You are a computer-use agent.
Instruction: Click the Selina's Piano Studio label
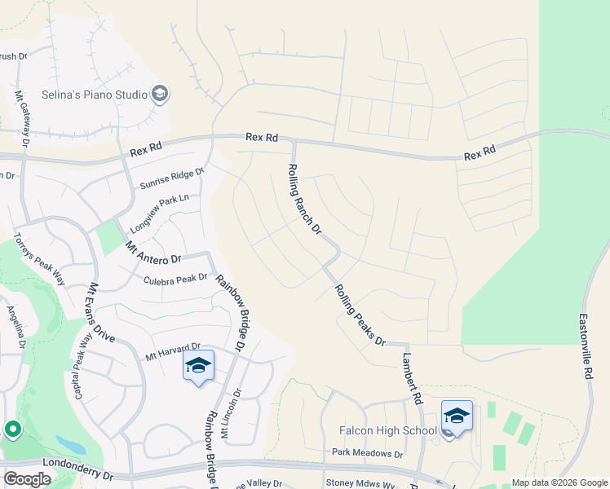click(94, 95)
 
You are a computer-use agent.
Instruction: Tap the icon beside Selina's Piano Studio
click(161, 95)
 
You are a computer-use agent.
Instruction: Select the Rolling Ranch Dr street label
click(303, 199)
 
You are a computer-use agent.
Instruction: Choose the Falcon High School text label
click(388, 430)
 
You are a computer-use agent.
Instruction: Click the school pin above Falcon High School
click(457, 416)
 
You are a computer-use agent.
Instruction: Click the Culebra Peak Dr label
click(175, 279)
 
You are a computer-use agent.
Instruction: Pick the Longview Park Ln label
click(159, 212)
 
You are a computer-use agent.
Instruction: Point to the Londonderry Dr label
click(69, 474)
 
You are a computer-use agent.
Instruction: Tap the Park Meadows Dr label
click(367, 453)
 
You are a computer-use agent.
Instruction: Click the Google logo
click(27, 478)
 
